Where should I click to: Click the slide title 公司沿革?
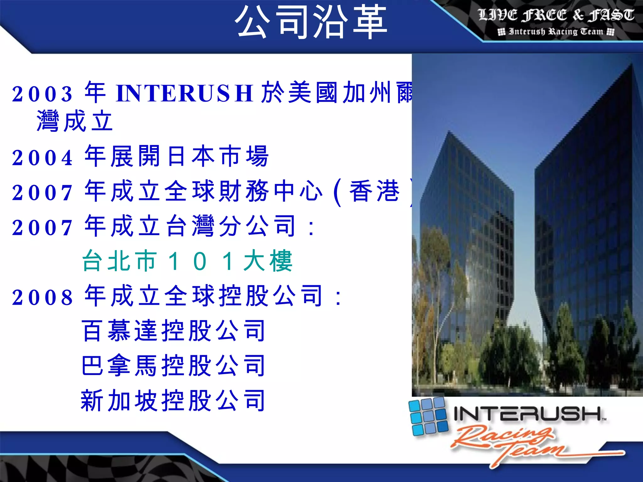coord(311,22)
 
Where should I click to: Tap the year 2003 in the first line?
coord(42,94)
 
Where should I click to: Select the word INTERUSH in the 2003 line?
coord(185,93)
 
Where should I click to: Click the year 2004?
coord(42,158)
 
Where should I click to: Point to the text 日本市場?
coord(218,156)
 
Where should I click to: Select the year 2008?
coord(42,297)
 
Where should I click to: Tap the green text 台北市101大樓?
coord(187,261)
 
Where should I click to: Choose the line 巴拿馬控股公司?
coord(173,366)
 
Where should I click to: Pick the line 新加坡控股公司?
coord(173,401)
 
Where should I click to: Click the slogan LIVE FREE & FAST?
coord(556,15)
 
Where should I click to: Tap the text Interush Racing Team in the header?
coord(556,32)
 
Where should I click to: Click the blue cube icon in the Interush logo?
coord(428,416)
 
